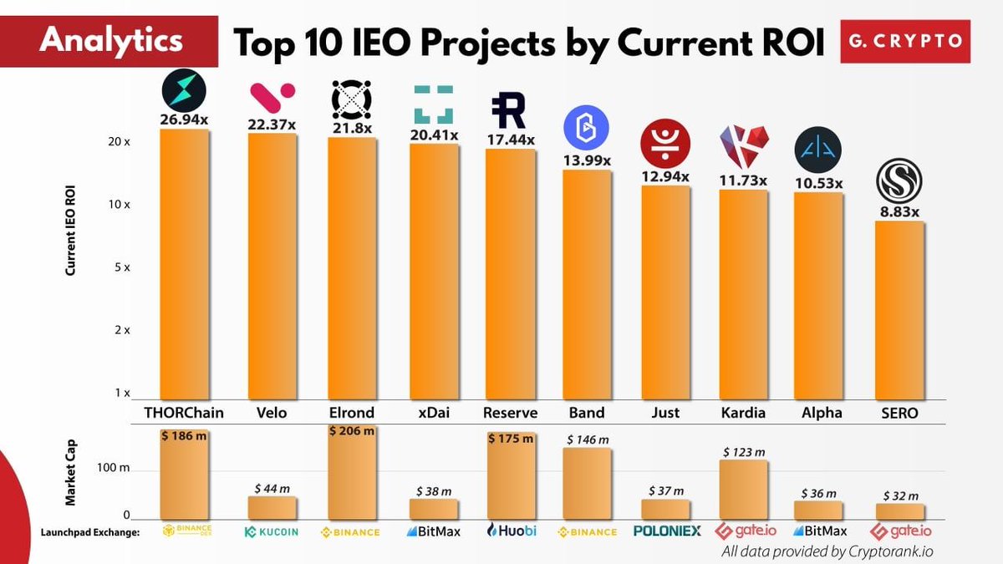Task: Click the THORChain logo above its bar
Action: point(184,91)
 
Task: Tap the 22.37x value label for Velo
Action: point(272,124)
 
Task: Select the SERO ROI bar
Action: point(899,310)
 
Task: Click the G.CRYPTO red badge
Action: point(905,41)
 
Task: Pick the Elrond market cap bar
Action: point(352,472)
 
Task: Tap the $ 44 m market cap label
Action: point(272,488)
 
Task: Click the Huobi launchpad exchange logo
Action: point(511,531)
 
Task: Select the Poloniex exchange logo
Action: point(667,531)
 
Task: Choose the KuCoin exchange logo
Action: point(272,531)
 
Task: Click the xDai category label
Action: point(434,412)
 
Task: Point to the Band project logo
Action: point(586,128)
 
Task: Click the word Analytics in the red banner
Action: point(111,40)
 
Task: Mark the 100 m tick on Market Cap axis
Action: point(113,468)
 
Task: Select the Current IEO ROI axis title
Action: point(70,231)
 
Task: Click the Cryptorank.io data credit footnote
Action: point(827,551)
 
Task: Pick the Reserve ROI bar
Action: point(511,274)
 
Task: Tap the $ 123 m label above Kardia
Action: point(744,452)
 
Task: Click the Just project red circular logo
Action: point(665,144)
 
